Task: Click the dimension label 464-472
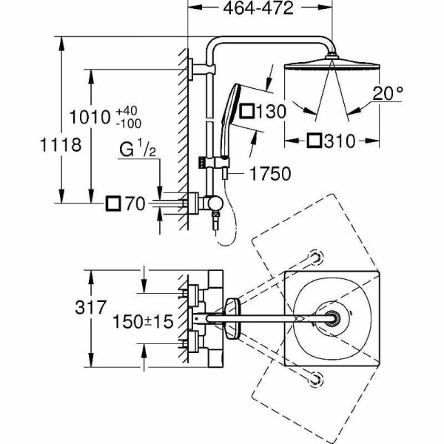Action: (258, 9)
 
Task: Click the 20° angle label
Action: (389, 94)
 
